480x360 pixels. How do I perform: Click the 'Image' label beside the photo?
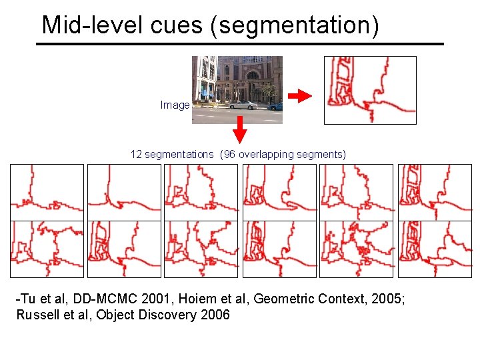pyautogui.click(x=175, y=105)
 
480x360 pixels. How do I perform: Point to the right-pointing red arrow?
pyautogui.click(x=304, y=96)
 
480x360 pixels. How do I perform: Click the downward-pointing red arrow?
pyautogui.click(x=241, y=131)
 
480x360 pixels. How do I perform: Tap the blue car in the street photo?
pyautogui.click(x=275, y=105)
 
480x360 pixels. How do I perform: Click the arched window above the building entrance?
pyautogui.click(x=253, y=75)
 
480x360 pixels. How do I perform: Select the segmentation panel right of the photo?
pyautogui.click(x=369, y=90)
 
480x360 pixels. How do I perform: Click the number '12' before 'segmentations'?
pyautogui.click(x=136, y=155)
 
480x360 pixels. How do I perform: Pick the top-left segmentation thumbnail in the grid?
pyautogui.click(x=47, y=192)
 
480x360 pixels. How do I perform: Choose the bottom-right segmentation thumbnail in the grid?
pyautogui.click(x=435, y=249)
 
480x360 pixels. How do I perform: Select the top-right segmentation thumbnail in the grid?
pyautogui.click(x=435, y=192)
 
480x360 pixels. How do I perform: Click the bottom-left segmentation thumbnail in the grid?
pyautogui.click(x=47, y=249)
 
